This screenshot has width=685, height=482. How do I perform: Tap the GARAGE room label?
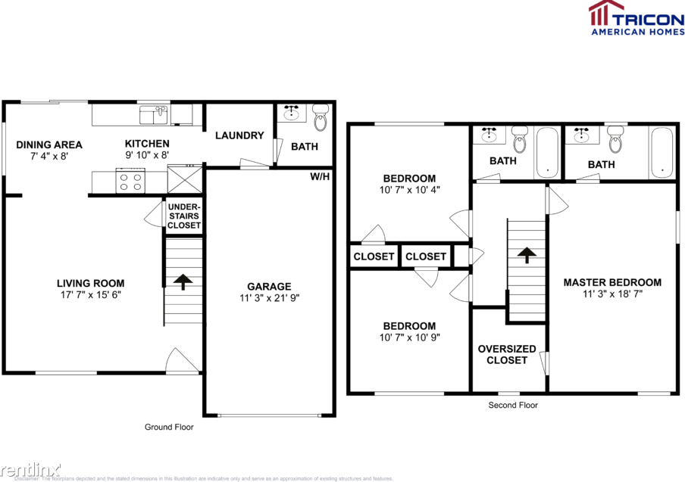click(268, 286)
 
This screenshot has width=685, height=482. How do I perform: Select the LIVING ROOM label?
click(90, 284)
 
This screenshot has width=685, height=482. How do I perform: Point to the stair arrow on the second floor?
click(526, 254)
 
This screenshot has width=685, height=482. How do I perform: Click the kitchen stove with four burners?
click(130, 182)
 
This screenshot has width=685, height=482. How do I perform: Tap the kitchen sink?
click(154, 115)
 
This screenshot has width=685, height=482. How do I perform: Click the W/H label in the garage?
click(319, 176)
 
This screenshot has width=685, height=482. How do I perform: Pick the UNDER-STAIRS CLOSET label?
click(184, 216)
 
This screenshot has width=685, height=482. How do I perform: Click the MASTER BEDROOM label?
click(611, 282)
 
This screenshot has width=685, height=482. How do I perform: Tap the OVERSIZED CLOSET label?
click(507, 354)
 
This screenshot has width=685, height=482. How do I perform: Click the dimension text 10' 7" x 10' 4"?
click(408, 191)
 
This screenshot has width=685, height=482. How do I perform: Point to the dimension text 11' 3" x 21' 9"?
click(268, 299)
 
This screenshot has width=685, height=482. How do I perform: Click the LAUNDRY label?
click(239, 135)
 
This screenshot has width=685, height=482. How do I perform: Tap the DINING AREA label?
click(49, 145)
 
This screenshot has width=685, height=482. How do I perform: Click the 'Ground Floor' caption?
click(169, 427)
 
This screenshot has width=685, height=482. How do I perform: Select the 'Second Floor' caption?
click(513, 406)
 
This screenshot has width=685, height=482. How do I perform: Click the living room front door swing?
click(183, 361)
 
